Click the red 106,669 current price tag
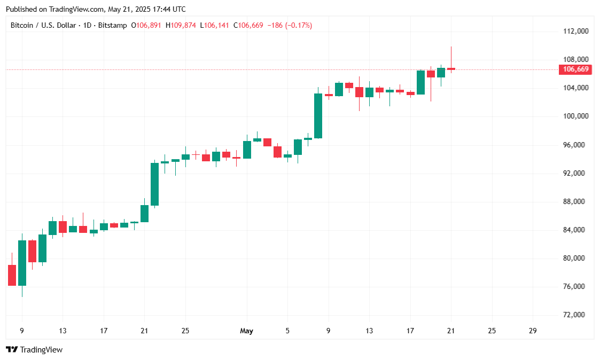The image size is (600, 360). click(x=575, y=69)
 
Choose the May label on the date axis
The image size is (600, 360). click(x=246, y=331)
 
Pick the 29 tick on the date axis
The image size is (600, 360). click(x=532, y=331)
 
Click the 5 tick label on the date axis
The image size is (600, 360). click(x=287, y=331)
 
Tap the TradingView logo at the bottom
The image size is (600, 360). click(x=34, y=350)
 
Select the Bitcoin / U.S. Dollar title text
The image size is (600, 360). click(x=44, y=25)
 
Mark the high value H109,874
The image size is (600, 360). click(x=181, y=25)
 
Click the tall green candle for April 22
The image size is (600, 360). click(x=154, y=184)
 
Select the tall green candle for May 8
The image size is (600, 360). click(x=318, y=116)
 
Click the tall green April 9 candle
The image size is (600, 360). click(x=22, y=263)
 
